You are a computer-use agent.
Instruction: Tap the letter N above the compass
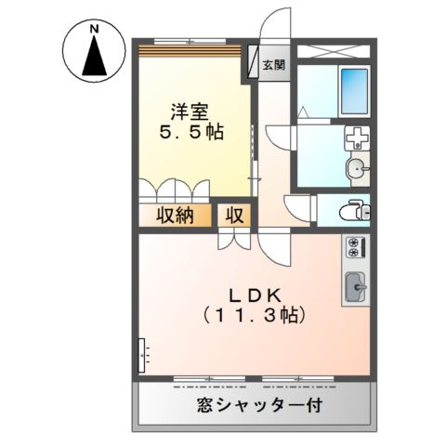(x=94, y=29)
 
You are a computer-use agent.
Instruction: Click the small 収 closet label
(x=236, y=216)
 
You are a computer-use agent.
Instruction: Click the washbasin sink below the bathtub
(x=357, y=168)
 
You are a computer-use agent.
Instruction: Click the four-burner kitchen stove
(x=356, y=247)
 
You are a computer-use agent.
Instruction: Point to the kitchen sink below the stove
(x=356, y=287)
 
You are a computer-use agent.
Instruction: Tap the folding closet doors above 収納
(x=177, y=191)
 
